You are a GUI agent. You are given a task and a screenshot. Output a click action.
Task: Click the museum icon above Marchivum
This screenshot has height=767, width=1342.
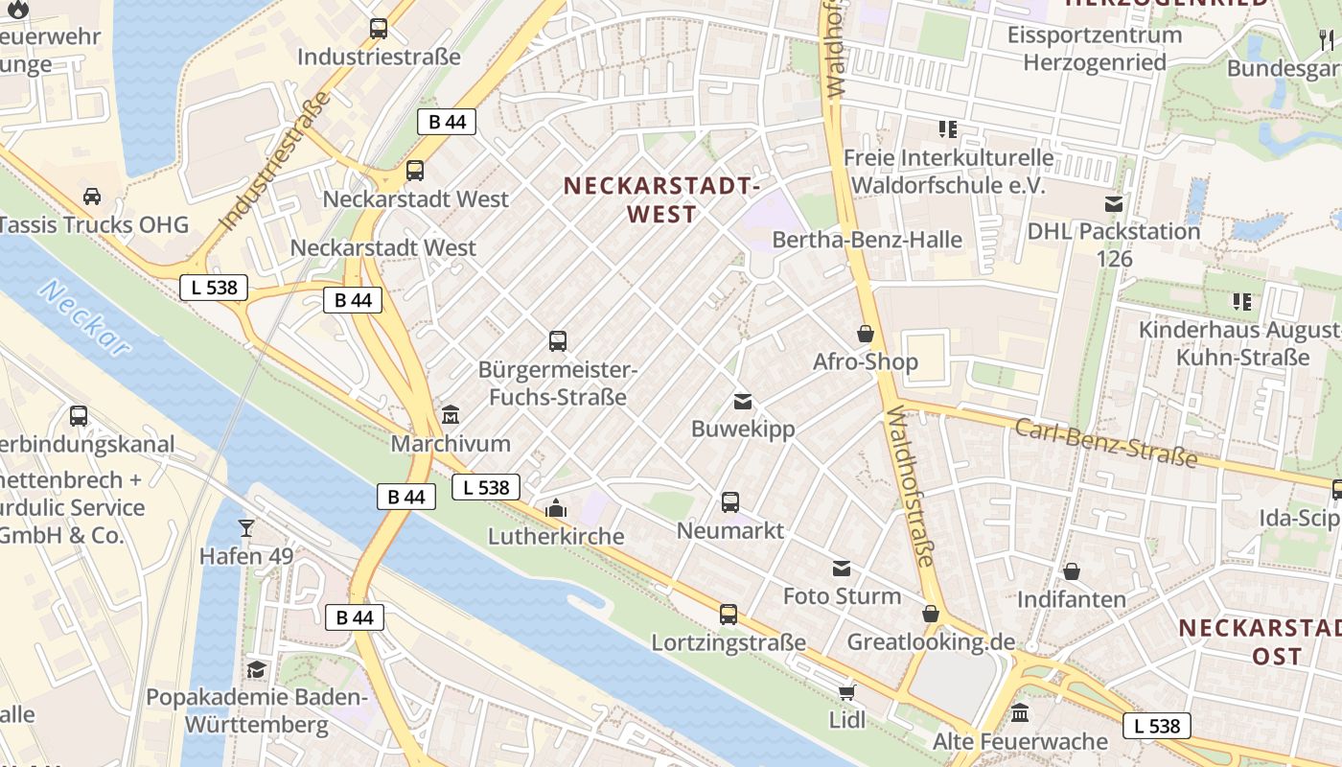click(x=451, y=415)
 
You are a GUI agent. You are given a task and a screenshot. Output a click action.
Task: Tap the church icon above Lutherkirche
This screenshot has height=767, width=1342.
click(x=556, y=508)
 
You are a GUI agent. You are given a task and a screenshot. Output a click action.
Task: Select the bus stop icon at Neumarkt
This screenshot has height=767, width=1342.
click(x=730, y=501)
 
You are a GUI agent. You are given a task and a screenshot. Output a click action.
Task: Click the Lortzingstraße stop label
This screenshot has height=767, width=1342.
click(x=729, y=642)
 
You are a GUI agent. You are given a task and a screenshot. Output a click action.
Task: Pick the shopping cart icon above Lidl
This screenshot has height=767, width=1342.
click(x=846, y=691)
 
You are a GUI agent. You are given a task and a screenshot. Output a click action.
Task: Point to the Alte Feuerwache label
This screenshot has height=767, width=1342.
click(x=1020, y=741)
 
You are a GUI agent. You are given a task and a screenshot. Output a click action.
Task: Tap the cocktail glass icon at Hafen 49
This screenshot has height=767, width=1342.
click(x=246, y=527)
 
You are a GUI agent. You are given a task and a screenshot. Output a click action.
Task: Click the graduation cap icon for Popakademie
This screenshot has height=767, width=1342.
click(x=256, y=668)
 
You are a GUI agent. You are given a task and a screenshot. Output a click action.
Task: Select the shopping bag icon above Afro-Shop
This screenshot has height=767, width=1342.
click(x=866, y=334)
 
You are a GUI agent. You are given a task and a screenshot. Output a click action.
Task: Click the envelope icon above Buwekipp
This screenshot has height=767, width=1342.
click(x=743, y=401)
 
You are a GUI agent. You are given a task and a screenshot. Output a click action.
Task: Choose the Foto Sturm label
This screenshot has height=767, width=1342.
click(x=842, y=595)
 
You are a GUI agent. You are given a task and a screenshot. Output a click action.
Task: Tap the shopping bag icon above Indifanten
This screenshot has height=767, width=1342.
click(x=1072, y=571)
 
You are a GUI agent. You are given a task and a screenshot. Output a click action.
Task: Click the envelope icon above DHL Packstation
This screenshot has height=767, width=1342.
click(x=1114, y=203)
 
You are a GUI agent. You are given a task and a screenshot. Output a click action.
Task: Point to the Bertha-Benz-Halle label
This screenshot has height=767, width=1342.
click(x=867, y=240)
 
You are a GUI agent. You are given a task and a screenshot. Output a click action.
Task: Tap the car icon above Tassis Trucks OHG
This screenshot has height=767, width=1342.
click(x=92, y=197)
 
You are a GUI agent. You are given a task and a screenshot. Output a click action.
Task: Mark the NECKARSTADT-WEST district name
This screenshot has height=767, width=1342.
click(x=661, y=199)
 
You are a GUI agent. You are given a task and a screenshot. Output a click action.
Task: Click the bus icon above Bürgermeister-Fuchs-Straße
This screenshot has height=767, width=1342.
click(x=558, y=340)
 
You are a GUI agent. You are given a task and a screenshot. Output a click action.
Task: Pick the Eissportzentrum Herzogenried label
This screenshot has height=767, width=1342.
click(x=1095, y=49)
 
